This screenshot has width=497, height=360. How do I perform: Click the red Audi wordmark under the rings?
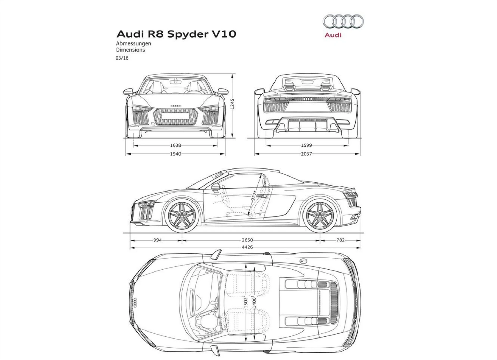coord(333,35)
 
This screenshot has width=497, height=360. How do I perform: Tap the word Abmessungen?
coord(133,43)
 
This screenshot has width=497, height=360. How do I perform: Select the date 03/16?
coord(122,58)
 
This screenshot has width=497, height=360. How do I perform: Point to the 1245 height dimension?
coord(232,104)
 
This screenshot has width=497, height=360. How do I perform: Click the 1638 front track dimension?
coord(175,145)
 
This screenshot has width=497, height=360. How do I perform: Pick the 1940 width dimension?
coord(175,154)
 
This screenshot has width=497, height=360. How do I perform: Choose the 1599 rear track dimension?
coord(306,145)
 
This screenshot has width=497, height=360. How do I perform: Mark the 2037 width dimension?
coord(306,154)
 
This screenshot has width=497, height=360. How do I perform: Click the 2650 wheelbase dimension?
coord(247,240)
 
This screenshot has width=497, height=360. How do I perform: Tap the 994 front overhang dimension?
coord(157,240)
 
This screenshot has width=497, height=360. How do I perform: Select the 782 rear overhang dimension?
coord(341,240)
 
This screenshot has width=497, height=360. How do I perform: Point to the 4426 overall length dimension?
coord(247,247)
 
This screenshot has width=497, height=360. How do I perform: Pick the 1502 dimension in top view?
coord(246,302)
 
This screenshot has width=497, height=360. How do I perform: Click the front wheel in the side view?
coord(182,215)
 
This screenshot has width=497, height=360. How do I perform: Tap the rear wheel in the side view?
coord(320,215)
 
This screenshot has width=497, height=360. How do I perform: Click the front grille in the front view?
coord(175,116)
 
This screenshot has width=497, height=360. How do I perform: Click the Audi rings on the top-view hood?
coord(135,303)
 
